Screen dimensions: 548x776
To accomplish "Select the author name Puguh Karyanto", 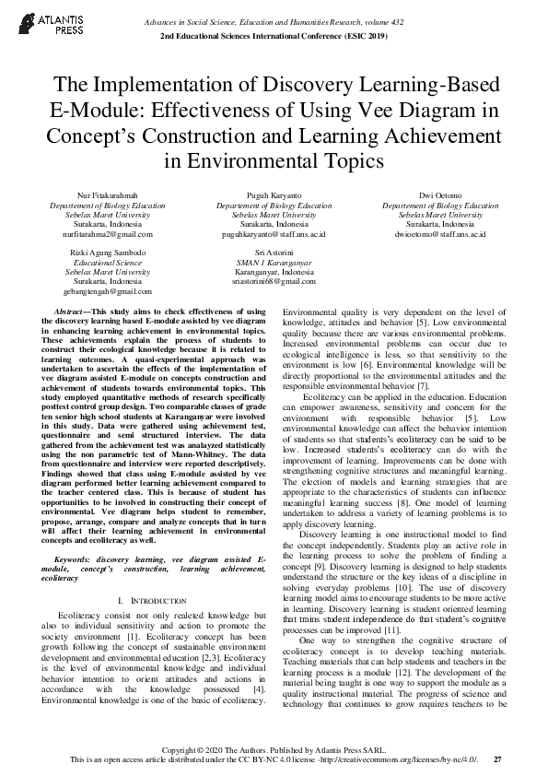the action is point(274,196).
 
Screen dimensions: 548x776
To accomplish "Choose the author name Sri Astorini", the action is point(274,253).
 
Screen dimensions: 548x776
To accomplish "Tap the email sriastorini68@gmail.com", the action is point(274,281).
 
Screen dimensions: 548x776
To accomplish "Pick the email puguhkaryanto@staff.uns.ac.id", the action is point(274,235).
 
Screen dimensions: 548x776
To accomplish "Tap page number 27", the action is point(498,759).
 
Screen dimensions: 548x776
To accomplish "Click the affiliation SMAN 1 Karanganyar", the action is point(274,263).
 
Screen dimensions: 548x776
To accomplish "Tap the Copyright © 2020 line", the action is point(274,750).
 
